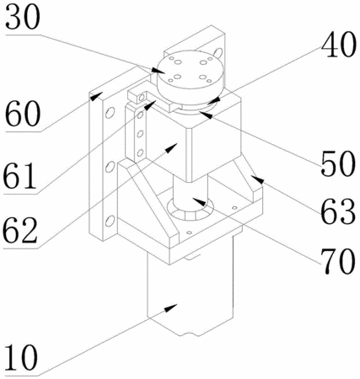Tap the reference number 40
pyautogui.click(x=339, y=45)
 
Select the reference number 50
pyautogui.click(x=338, y=163)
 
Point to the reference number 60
pyautogui.click(x=23, y=114)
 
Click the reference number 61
pyautogui.click(x=20, y=176)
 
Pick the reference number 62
pyautogui.click(x=20, y=231)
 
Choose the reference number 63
pyautogui.click(x=338, y=211)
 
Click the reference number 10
pyautogui.click(x=21, y=358)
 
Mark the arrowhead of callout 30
pyautogui.click(x=159, y=70)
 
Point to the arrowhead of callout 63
pyautogui.click(x=256, y=179)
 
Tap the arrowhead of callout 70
pyautogui.click(x=199, y=202)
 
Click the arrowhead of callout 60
pyautogui.click(x=95, y=95)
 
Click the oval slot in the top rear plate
pyautogui.click(x=218, y=52)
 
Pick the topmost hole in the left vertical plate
pyautogui.click(x=110, y=113)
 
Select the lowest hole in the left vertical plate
pyautogui.click(x=110, y=221)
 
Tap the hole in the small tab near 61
pyautogui.click(x=142, y=98)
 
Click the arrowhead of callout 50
pyautogui.click(x=205, y=115)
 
